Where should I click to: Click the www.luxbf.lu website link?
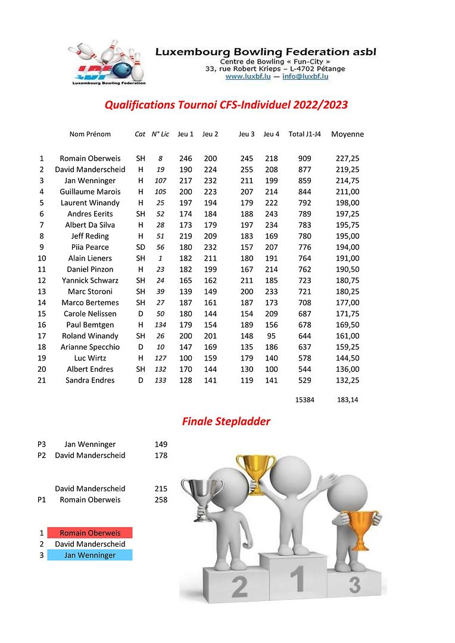[x=248, y=76]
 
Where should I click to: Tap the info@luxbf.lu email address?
[x=305, y=76]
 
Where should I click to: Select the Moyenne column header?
[x=347, y=134]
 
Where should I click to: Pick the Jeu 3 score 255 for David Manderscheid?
[x=247, y=170]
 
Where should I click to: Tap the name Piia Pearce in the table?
[x=90, y=247]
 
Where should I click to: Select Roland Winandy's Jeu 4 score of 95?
[x=272, y=336]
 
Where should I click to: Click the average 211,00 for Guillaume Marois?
[x=348, y=192]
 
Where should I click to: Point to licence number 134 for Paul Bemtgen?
[x=160, y=325]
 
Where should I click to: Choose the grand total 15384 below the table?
[x=304, y=400]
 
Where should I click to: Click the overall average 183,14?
[x=348, y=400]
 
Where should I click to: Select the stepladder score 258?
[x=161, y=500]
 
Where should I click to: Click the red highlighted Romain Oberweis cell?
[x=90, y=533]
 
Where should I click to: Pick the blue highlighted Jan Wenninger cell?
[x=90, y=555]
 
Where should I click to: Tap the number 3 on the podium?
[x=354, y=585]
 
